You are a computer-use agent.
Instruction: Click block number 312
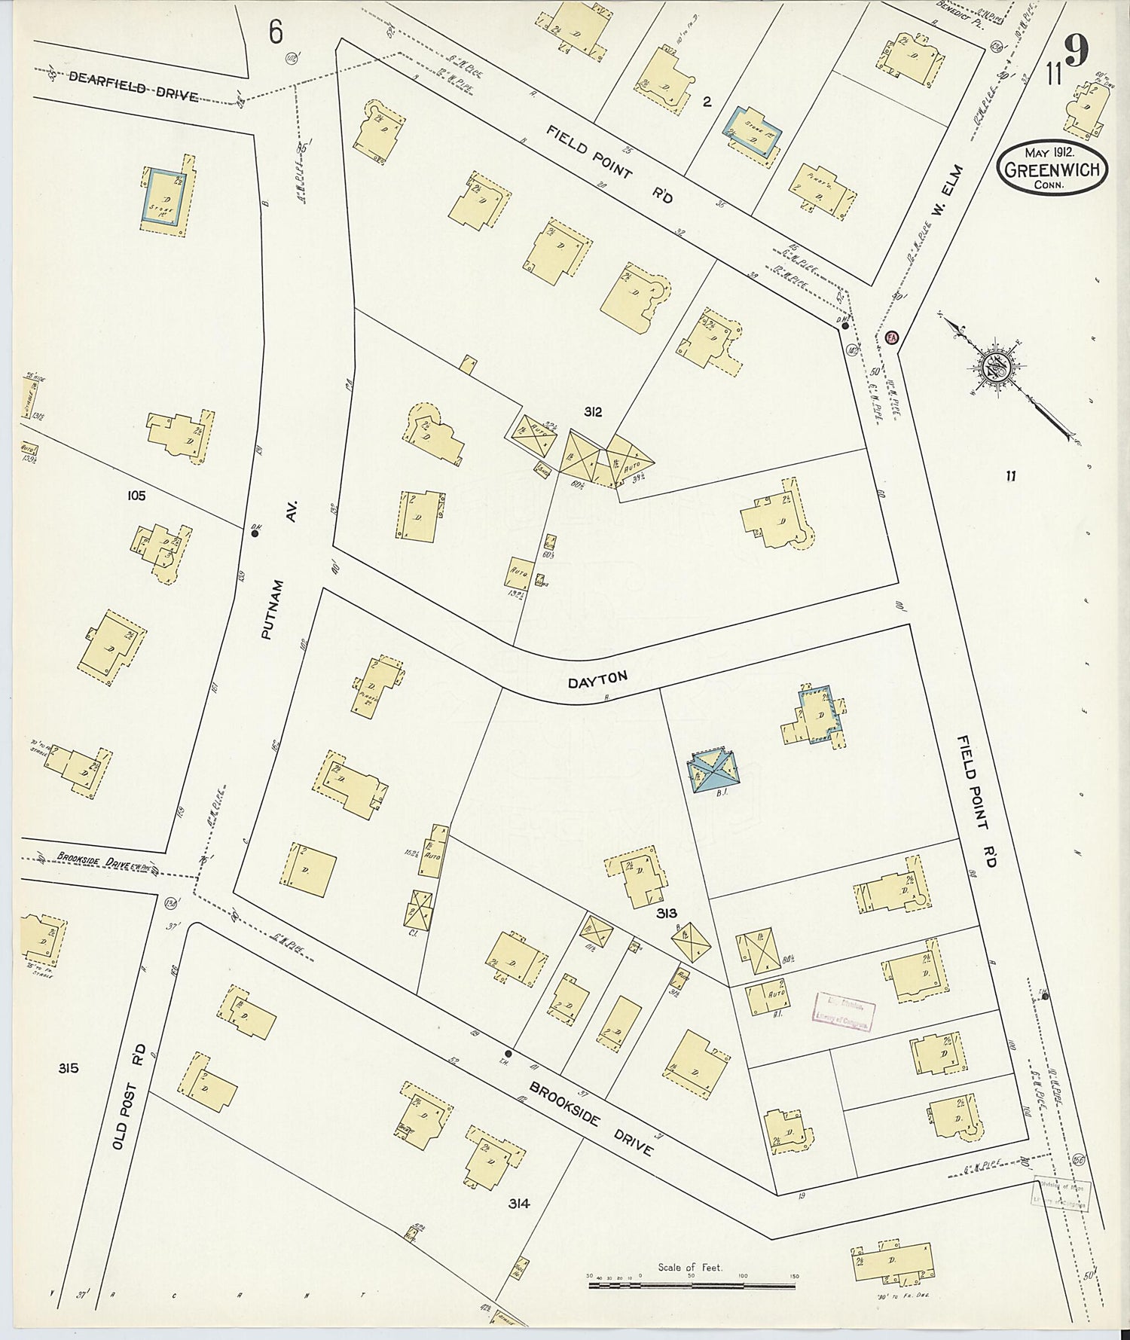[x=592, y=412]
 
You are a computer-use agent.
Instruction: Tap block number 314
[x=519, y=1204]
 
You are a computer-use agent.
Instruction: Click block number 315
[x=68, y=1068]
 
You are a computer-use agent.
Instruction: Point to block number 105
[x=136, y=496]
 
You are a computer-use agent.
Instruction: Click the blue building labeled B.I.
[x=714, y=770]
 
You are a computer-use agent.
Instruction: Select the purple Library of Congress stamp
[x=844, y=1010]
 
